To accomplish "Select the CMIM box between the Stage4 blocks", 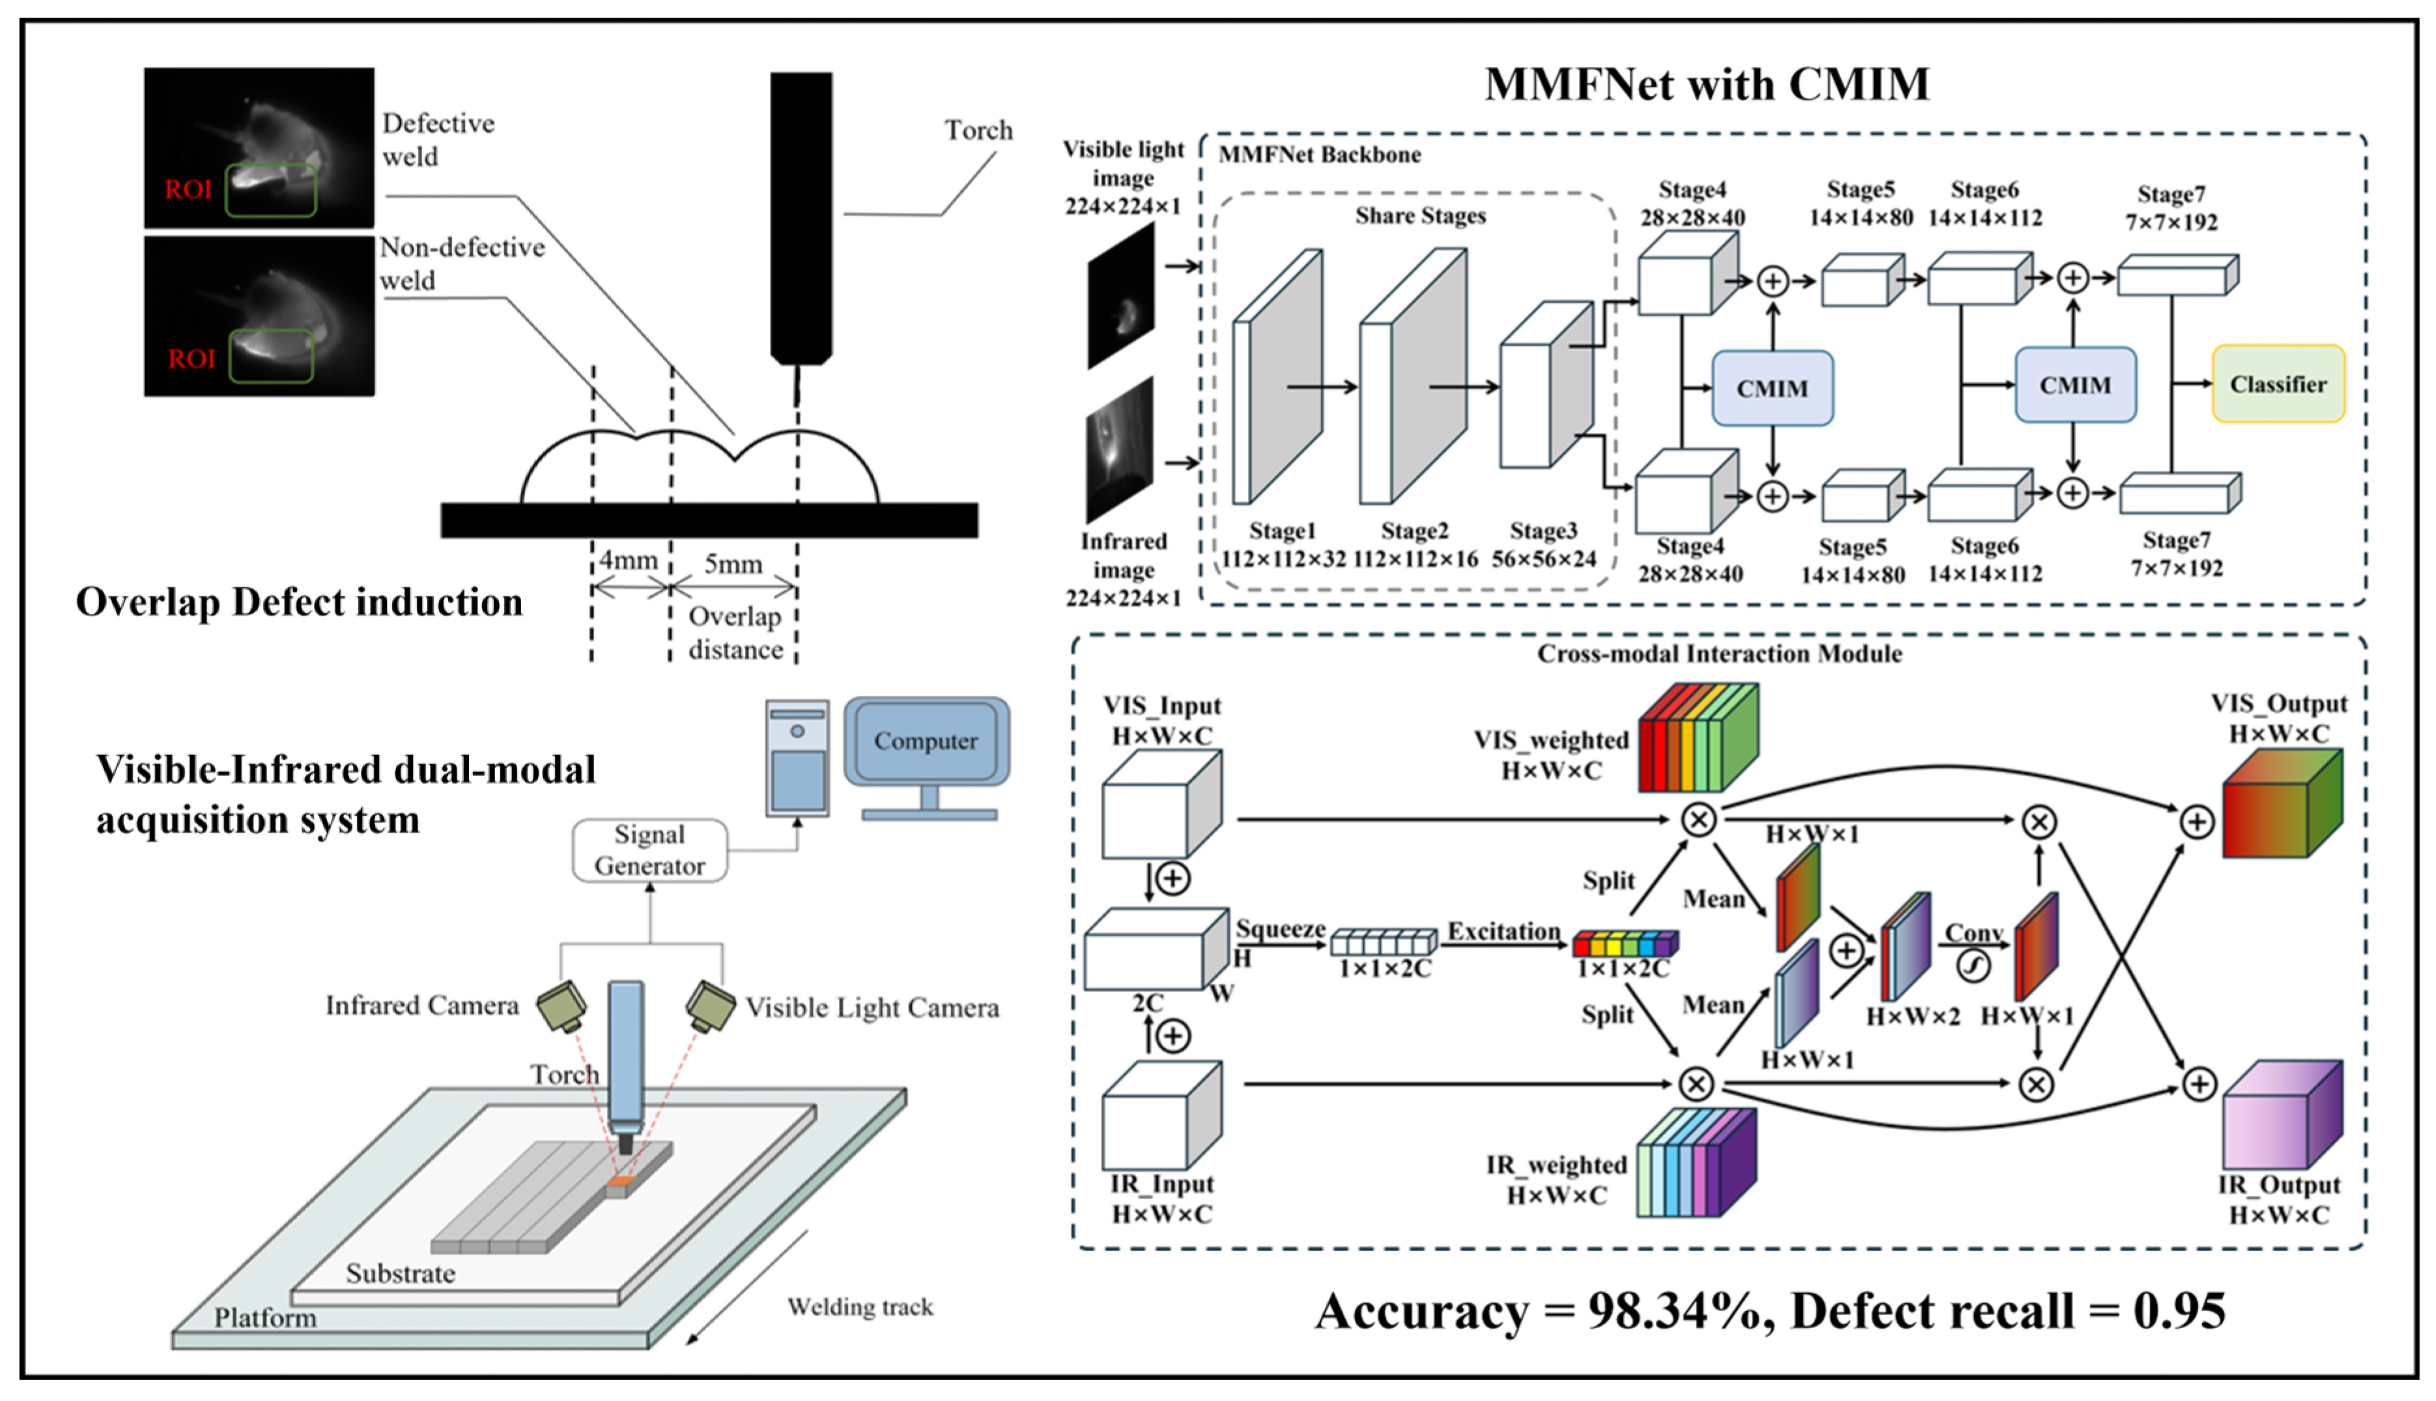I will pyautogui.click(x=1772, y=388).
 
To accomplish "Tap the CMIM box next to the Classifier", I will pyautogui.click(x=2075, y=385).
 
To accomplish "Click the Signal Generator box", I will pyautogui.click(x=649, y=850).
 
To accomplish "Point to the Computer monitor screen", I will pyautogui.click(x=926, y=741).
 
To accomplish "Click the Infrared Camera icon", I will pyautogui.click(x=562, y=1006).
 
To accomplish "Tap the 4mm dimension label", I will pyautogui.click(x=629, y=560).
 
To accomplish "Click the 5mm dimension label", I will pyautogui.click(x=733, y=564).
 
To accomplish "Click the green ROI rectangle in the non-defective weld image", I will pyautogui.click(x=272, y=356).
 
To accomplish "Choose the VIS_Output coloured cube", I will pyautogui.click(x=2281, y=805).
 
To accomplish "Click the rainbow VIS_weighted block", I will pyautogui.click(x=1698, y=738).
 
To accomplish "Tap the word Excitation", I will pyautogui.click(x=1503, y=932).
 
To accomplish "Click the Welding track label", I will pyautogui.click(x=860, y=1307).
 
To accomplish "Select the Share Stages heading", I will pyautogui.click(x=1420, y=215).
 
